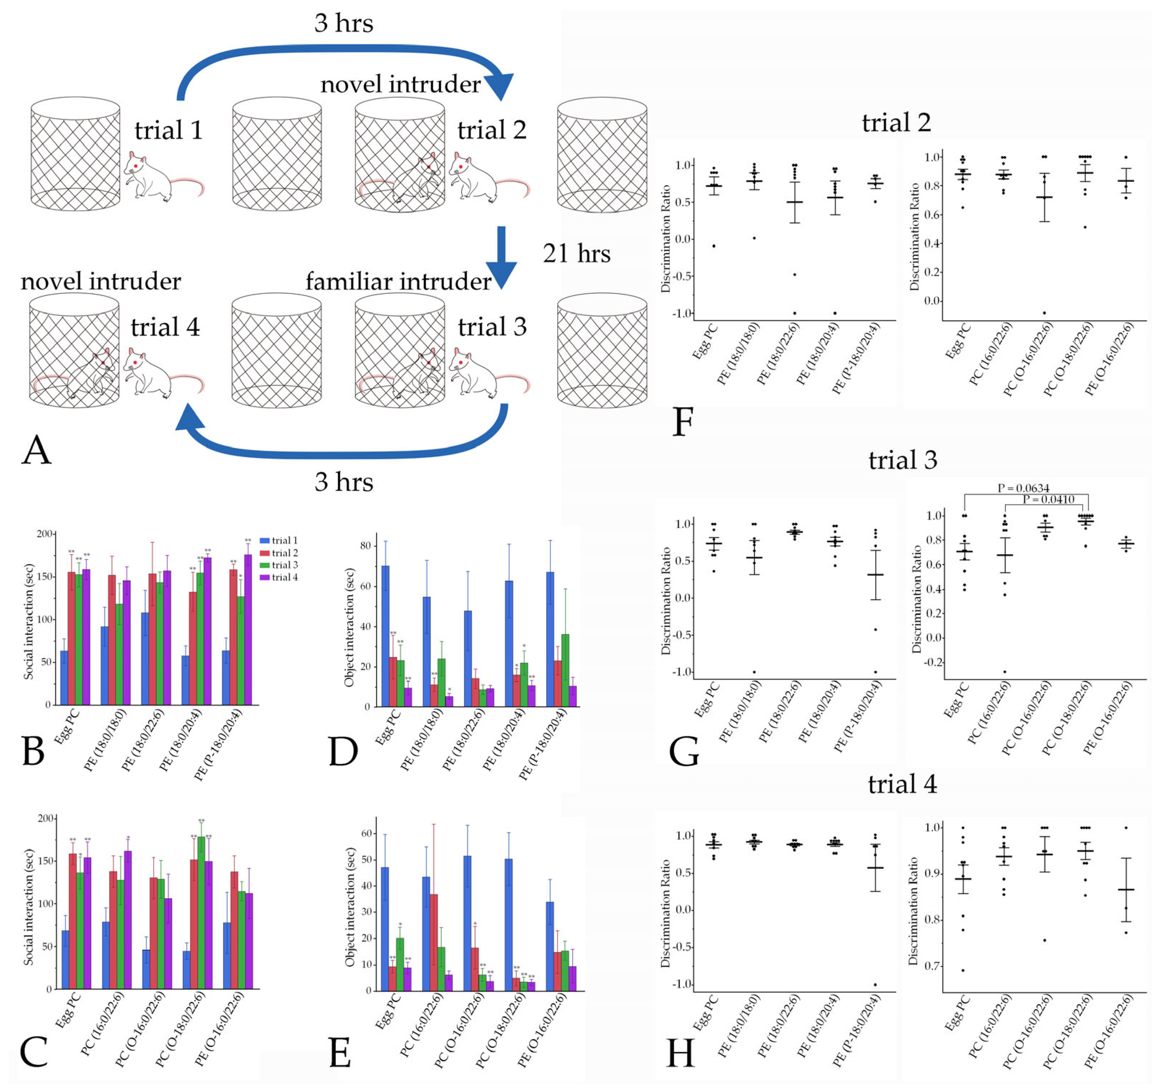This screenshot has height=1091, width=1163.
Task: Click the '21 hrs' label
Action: (576, 253)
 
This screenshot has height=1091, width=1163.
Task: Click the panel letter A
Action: (36, 450)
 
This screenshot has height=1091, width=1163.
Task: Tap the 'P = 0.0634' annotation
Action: (1023, 488)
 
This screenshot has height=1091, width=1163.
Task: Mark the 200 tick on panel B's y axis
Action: (44, 534)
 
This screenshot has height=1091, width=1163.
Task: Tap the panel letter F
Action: (683, 422)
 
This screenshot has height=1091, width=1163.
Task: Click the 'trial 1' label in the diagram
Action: (168, 130)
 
